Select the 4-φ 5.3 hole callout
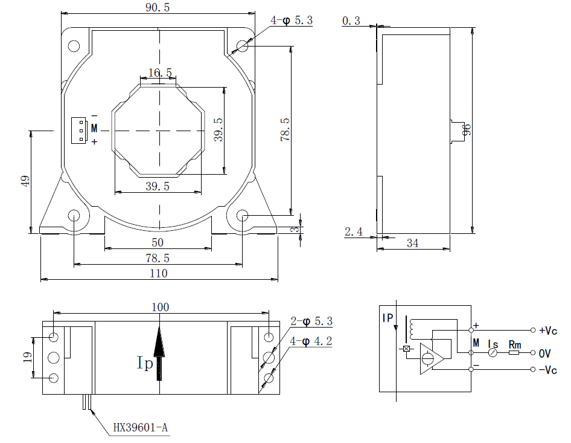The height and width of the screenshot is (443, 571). point(292,20)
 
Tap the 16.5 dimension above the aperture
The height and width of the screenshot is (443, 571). point(160,73)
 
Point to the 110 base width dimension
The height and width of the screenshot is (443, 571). point(158,273)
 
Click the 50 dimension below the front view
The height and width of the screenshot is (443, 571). point(158,242)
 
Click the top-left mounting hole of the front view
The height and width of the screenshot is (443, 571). point(74,46)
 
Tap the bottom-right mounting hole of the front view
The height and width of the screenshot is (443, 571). point(243,216)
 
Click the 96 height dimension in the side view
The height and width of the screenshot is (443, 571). point(465,129)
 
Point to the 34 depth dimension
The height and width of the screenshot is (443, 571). point(413,243)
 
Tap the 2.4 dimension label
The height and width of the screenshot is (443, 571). point(353,231)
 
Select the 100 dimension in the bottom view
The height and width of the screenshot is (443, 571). point(160,307)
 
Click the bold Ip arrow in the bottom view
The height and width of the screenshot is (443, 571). point(159,354)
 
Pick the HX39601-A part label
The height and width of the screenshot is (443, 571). point(141,428)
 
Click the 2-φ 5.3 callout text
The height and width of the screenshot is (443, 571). point(311,321)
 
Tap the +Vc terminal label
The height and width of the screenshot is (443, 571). point(548,331)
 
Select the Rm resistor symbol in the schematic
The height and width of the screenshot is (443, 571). point(514,352)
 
